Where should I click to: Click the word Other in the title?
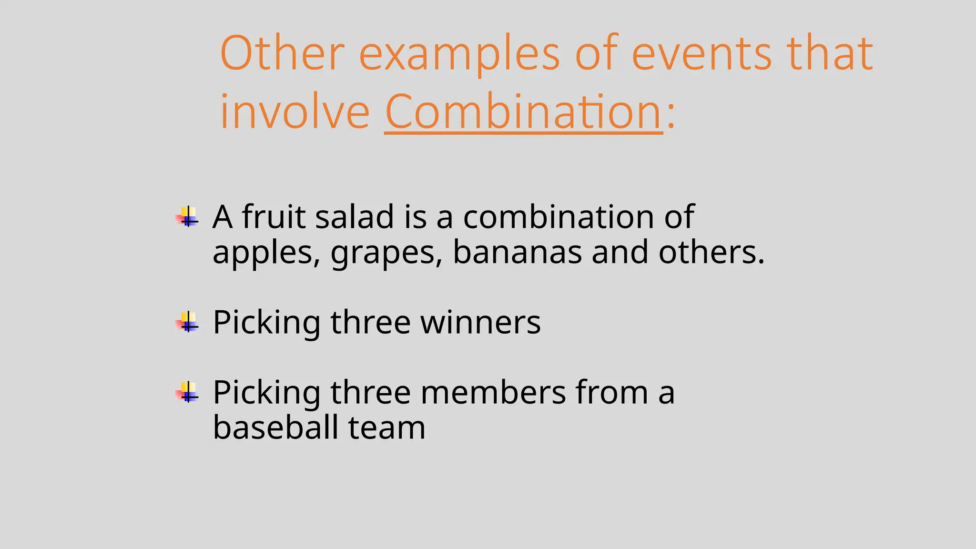pyautogui.click(x=282, y=53)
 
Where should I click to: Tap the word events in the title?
pyautogui.click(x=701, y=53)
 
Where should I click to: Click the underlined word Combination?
pyautogui.click(x=523, y=112)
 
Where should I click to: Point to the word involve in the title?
pyautogui.click(x=295, y=112)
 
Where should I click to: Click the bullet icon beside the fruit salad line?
pyautogui.click(x=188, y=217)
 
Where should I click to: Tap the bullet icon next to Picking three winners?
pyautogui.click(x=188, y=322)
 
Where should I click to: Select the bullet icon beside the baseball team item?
pyautogui.click(x=188, y=392)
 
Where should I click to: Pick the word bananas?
pyautogui.click(x=517, y=252)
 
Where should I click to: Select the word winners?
pyautogui.click(x=480, y=323)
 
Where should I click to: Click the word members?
pyautogui.click(x=493, y=392)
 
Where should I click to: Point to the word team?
pyautogui.click(x=386, y=427)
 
